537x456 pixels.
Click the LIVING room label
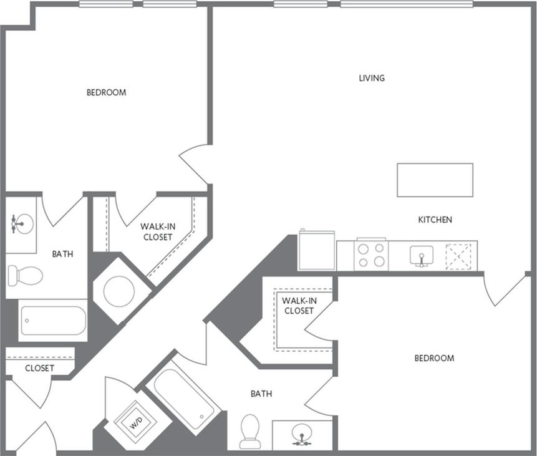pos(372,79)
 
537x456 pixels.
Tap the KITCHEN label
pos(435,220)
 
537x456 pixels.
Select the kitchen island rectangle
pos(435,180)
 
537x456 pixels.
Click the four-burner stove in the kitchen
pos(371,256)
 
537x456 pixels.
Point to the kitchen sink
pos(422,255)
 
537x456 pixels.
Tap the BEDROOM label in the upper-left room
pos(106,92)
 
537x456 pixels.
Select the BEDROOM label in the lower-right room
pos(434,358)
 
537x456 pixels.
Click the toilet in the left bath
pos(26,274)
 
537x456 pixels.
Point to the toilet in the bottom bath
pos(250,430)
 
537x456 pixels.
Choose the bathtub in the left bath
pos(53,320)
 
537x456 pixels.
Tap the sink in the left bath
pos(23,223)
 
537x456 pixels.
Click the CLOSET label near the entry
pos(39,368)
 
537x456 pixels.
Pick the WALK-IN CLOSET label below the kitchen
pos(298,306)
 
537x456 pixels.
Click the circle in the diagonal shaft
pos(119,291)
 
